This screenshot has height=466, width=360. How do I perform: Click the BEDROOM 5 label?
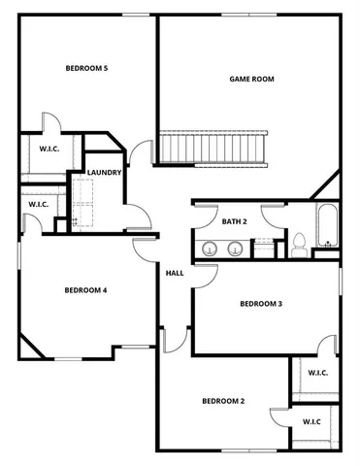coord(86,68)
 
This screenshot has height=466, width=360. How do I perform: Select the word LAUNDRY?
coord(104,173)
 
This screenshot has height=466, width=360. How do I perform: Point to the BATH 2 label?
coord(235,221)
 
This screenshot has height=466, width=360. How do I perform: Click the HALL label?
coord(175,273)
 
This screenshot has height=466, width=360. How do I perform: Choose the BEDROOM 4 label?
coord(85,290)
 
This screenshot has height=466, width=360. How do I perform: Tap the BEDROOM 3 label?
coord(261,304)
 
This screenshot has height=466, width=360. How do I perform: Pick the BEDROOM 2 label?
coord(223,401)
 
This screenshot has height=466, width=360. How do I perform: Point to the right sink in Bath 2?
coord(235,249)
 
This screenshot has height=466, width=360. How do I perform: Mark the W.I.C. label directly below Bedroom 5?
coord(49,149)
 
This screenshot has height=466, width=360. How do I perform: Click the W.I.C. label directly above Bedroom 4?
coord(38,204)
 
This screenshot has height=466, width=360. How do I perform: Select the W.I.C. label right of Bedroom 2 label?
coord(311,421)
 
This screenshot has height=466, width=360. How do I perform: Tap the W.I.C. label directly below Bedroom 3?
coord(317,373)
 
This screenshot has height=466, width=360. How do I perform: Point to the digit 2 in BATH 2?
coord(245,221)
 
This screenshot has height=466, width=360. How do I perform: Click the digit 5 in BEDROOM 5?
coord(105,68)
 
